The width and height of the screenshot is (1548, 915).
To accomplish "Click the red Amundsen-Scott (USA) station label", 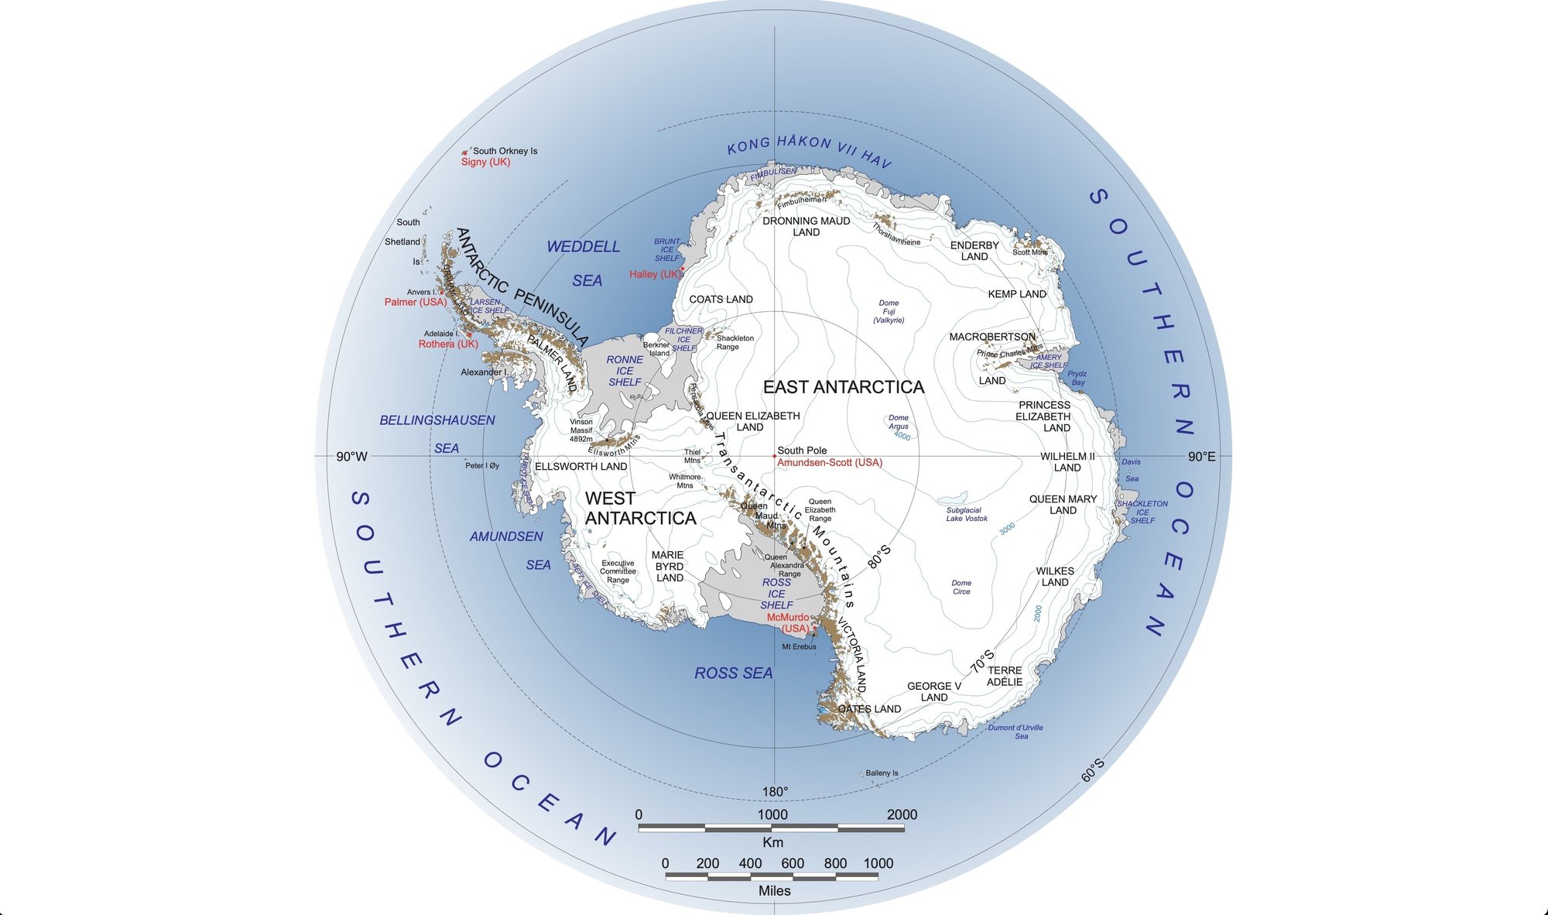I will pos(830,463).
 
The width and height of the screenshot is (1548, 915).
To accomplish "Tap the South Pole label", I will pos(802,451).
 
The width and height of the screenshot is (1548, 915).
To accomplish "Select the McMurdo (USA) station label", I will pos(788,623).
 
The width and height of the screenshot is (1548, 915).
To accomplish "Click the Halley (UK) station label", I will pos(655,274).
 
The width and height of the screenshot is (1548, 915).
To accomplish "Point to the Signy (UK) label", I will pos(485,162).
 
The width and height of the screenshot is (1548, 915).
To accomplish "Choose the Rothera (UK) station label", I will pos(448,344).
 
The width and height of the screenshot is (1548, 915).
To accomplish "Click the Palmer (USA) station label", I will pos(416,302).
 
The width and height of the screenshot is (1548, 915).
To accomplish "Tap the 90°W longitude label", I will pos(351,457).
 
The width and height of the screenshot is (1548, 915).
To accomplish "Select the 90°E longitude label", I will pos(1201,457).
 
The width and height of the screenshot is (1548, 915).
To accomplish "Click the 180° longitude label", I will pos(775,791).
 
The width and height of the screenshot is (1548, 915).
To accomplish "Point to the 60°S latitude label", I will pos(1093,769).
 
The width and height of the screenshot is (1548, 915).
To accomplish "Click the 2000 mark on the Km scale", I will pos(902,814).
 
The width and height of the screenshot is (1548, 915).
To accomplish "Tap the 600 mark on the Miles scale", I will pos(793,863).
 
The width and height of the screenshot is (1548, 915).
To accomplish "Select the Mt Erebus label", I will pos(799,647).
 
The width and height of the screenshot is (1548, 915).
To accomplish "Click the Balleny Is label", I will pos(882,773).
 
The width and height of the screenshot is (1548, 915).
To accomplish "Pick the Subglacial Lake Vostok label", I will pos(966,514).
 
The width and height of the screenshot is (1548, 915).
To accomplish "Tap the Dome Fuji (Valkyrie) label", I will pos(889,311).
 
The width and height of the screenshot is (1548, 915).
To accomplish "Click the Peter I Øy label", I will pos(482,466).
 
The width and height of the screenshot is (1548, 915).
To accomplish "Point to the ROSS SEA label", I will pos(733,673).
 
